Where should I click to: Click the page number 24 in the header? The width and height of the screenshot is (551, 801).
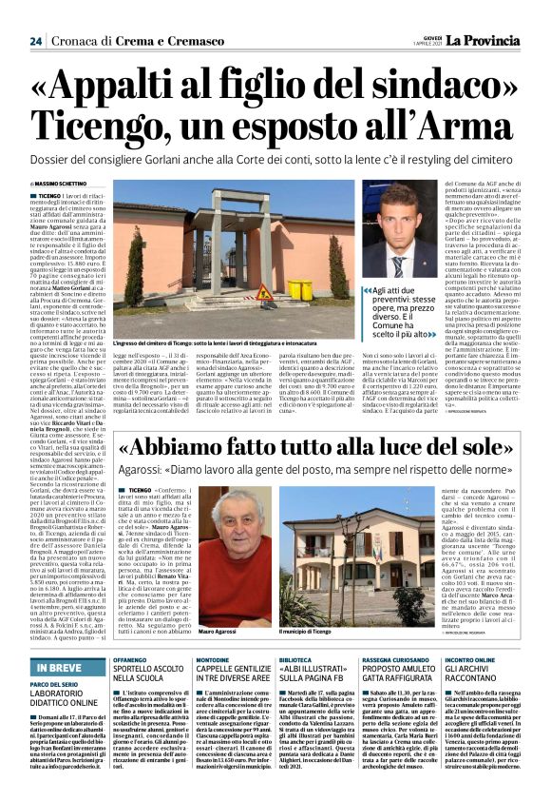point(35,41)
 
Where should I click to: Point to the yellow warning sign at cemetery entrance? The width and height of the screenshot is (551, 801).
point(266,290)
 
